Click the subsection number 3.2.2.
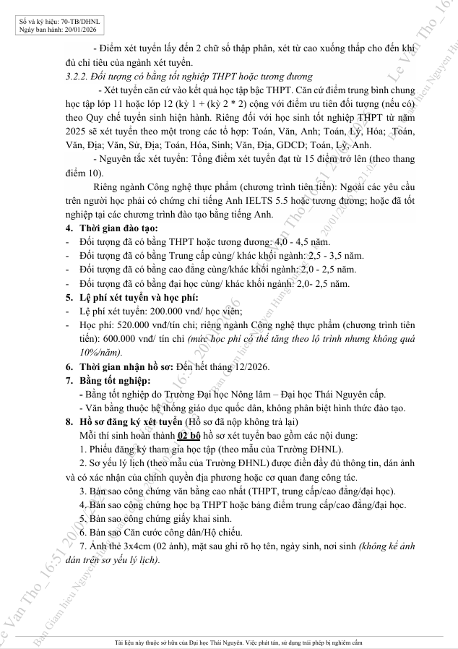[x=77, y=76]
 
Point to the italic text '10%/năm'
[x=101, y=352]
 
